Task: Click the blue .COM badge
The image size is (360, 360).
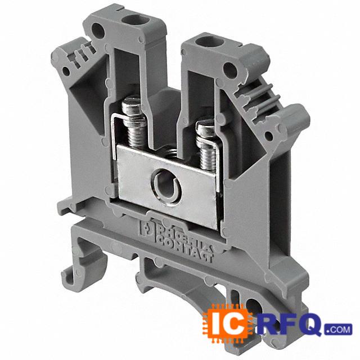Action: pos(338,330)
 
